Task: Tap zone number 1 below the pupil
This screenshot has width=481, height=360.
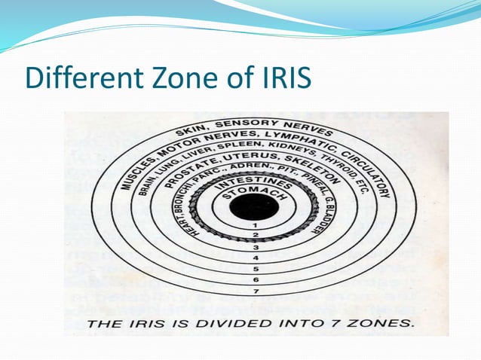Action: pyautogui.click(x=255, y=225)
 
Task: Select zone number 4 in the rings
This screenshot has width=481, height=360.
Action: pyautogui.click(x=255, y=258)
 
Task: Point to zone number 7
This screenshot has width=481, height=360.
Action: pyautogui.click(x=255, y=290)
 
